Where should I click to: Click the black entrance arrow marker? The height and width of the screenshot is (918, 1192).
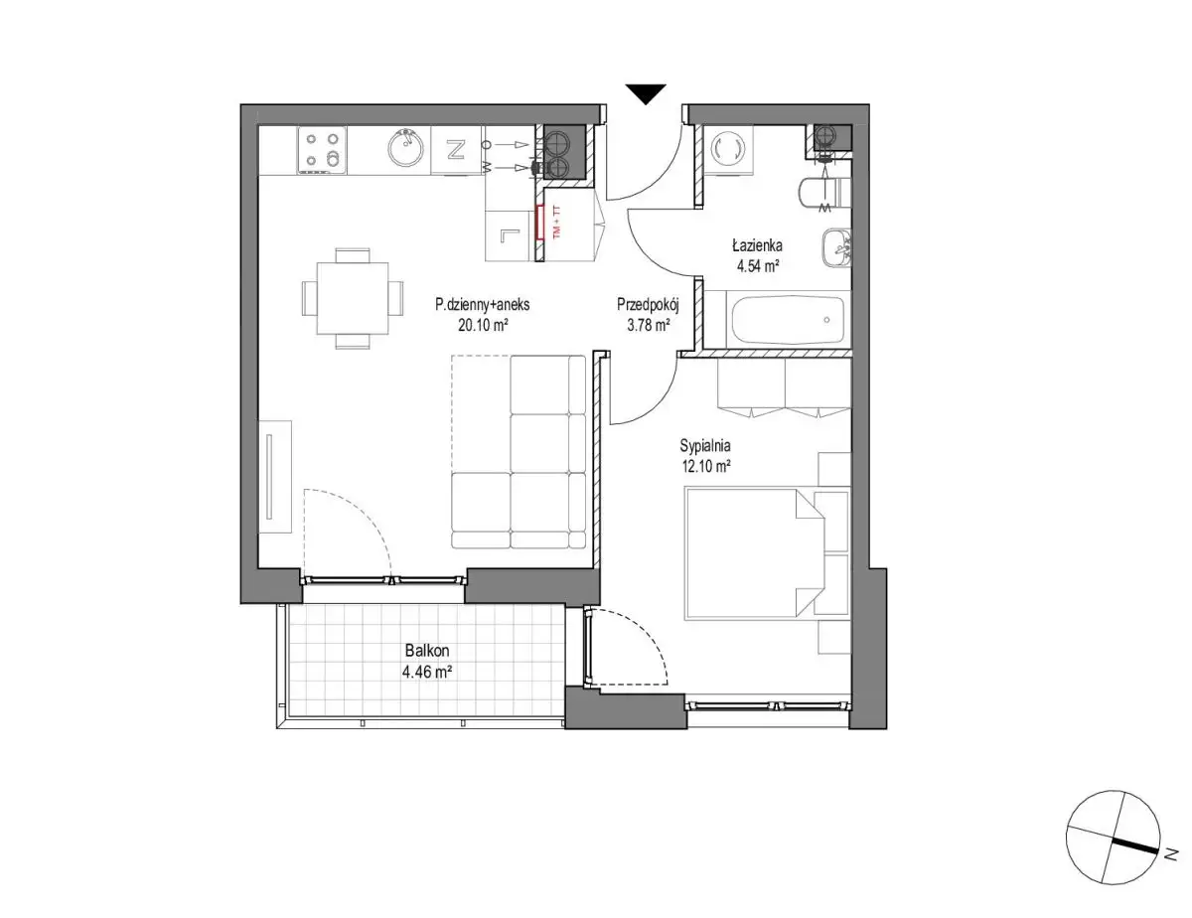point(646,93)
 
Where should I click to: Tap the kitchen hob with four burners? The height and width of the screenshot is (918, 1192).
point(322,150)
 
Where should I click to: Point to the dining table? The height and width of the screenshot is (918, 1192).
point(353,298)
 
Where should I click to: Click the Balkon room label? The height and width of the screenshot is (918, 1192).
point(427,651)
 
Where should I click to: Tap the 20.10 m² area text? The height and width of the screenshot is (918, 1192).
point(483,325)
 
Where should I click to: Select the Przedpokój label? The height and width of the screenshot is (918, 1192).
point(649,304)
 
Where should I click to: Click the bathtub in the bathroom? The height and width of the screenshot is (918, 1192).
point(787,320)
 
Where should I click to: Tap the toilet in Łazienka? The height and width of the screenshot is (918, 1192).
point(823,192)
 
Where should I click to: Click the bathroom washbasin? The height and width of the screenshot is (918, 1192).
point(836,248)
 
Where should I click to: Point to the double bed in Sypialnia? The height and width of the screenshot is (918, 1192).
point(754,554)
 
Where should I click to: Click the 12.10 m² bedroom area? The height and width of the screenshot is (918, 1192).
point(705,467)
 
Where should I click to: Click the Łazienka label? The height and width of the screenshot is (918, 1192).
point(757,245)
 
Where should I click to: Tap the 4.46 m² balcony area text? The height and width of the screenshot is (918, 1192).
point(427,672)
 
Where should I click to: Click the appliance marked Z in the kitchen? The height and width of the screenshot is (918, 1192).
point(456,150)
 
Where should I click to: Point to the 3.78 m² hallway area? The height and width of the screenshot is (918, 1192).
point(649,325)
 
